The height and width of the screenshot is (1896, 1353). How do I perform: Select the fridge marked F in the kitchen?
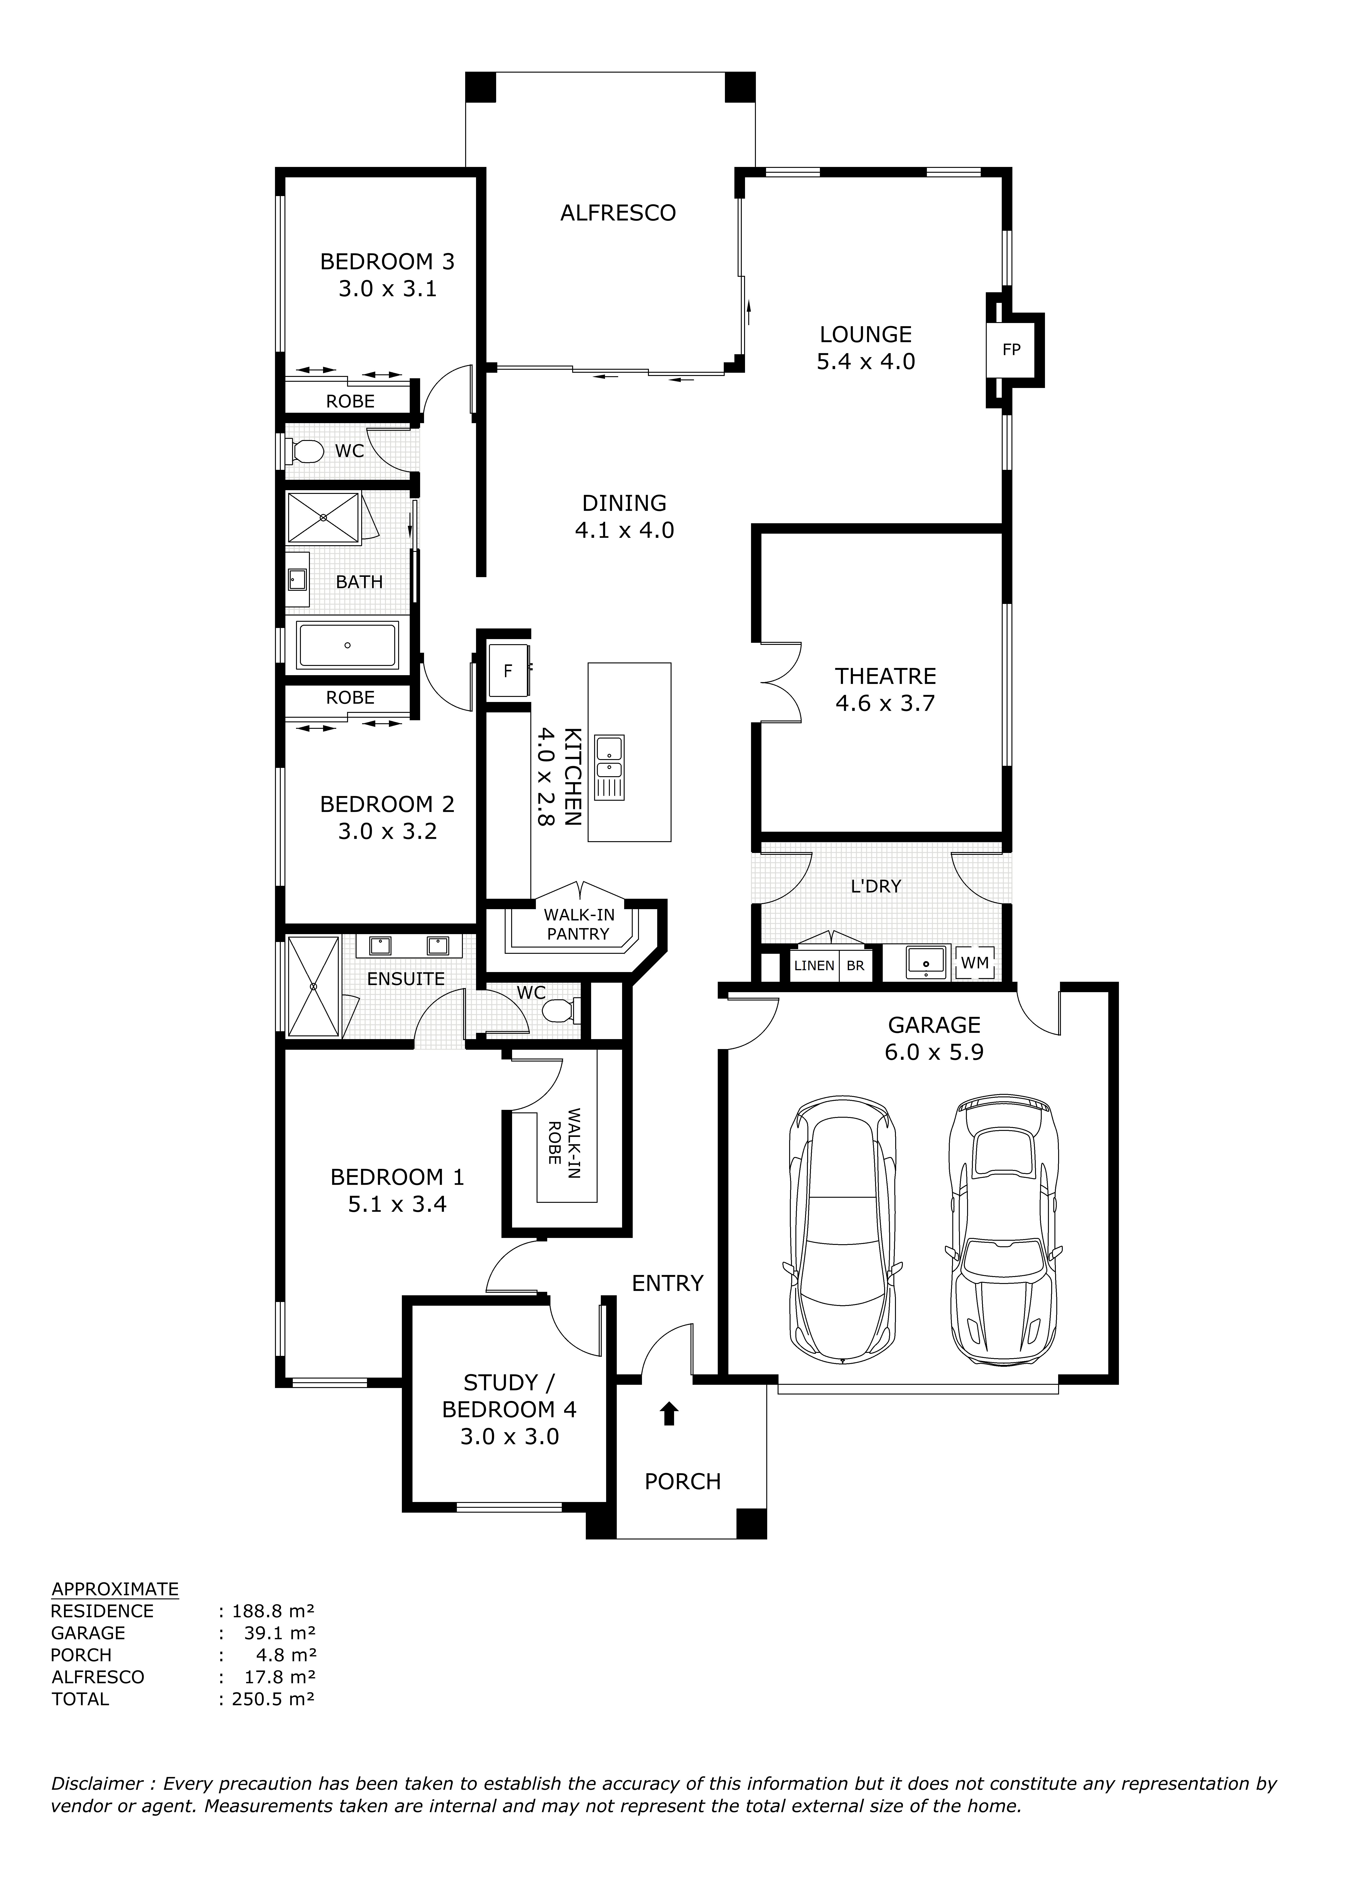[x=508, y=670]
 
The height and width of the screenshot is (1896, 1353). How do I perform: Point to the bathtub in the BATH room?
[x=348, y=645]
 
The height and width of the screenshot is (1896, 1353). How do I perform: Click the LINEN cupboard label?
[x=814, y=966]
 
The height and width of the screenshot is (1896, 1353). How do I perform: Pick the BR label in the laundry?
[x=856, y=966]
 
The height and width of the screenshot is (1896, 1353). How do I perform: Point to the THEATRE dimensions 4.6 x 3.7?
[x=886, y=703]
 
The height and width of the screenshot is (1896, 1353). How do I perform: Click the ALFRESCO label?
[x=618, y=213]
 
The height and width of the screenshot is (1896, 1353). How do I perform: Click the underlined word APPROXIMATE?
[x=115, y=1589]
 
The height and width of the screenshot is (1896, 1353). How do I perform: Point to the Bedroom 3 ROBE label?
[x=350, y=402]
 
